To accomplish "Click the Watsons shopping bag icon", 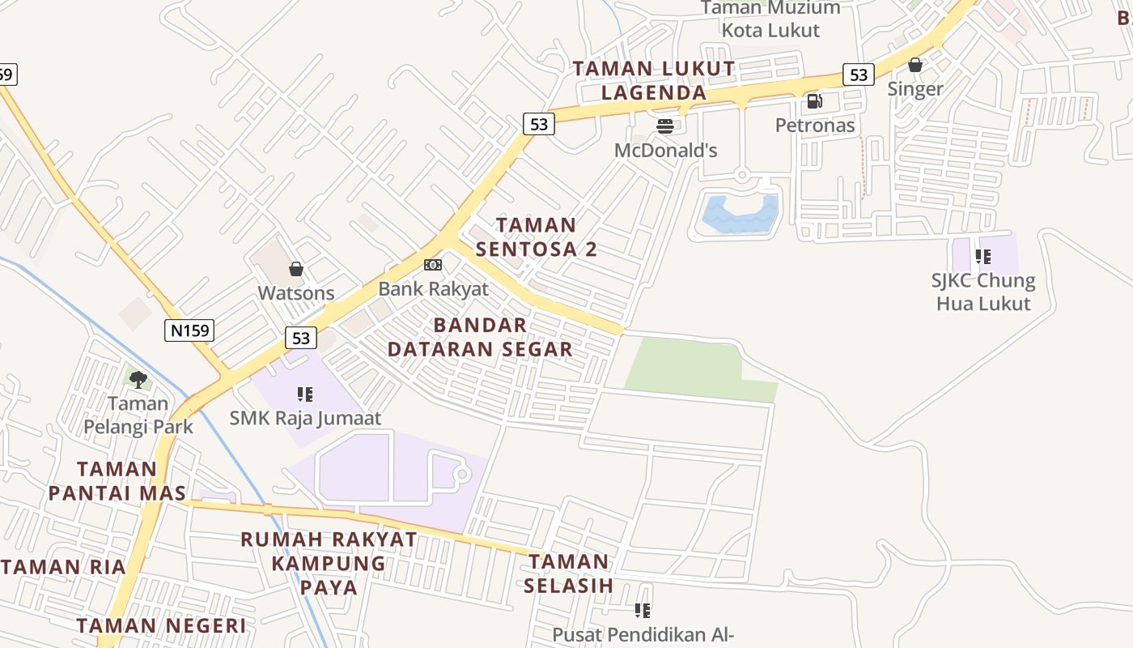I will click(x=296, y=269).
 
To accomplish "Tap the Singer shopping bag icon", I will click(x=915, y=65).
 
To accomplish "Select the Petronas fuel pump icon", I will click(x=814, y=101).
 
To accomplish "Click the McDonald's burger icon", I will click(x=665, y=126).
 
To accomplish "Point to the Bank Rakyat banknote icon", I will click(x=433, y=265).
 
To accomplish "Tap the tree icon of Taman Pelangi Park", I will click(x=138, y=379).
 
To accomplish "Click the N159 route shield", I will click(x=189, y=330).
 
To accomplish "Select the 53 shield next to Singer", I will click(x=859, y=75).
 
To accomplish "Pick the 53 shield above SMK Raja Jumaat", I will click(x=301, y=338).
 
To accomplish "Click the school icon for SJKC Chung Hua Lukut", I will click(x=983, y=257).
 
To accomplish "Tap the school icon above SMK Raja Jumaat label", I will click(x=305, y=394).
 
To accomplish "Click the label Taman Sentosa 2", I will click(x=537, y=237).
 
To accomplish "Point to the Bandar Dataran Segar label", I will click(x=480, y=337).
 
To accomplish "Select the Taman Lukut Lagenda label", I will click(x=654, y=80).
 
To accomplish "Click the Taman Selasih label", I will click(x=568, y=573).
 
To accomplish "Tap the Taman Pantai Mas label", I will click(x=117, y=480).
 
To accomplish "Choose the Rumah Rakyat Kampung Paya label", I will click(x=329, y=562).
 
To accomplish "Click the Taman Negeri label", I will click(x=161, y=625).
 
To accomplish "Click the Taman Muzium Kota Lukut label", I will click(x=770, y=19).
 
